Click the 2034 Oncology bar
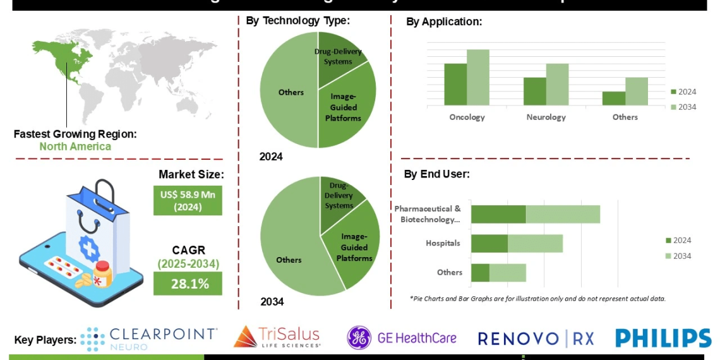coord(478,77)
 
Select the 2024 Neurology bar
coord(534,91)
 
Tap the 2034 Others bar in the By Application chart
coord(637,91)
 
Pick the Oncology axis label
coord(467,117)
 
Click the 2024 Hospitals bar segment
coord(489,244)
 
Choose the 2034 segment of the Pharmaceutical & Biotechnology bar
coord(563,214)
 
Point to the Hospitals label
coord(443,243)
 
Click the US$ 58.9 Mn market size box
coord(188,201)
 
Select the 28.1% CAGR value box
coord(188,284)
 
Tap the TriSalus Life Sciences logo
coord(277,337)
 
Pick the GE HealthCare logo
coord(402,338)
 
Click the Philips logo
coord(663,338)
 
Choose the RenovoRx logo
coord(536,339)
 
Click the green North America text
coord(75,147)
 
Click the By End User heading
coord(438,174)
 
